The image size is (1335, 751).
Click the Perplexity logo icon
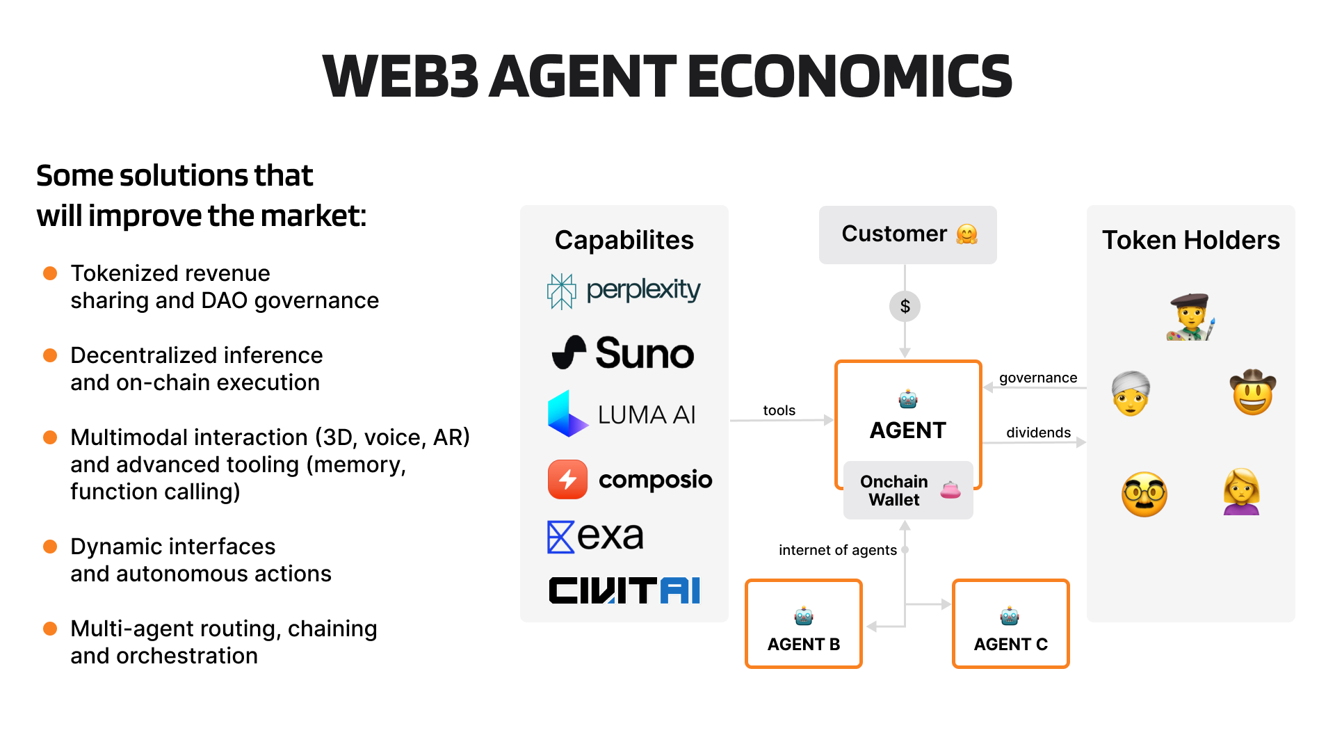[x=561, y=291]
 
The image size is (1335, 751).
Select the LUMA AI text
[x=647, y=415]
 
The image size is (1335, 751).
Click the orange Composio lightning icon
[x=567, y=479]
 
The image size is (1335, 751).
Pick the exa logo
[x=596, y=536]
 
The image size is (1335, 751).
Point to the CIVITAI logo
[x=624, y=590]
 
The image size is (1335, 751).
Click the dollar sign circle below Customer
[x=905, y=306]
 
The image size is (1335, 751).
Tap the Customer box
[x=907, y=234]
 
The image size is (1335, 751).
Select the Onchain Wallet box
[x=907, y=490]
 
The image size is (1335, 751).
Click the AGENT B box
[x=803, y=624]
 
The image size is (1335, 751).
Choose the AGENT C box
[x=1010, y=624]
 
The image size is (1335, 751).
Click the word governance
[x=1038, y=378]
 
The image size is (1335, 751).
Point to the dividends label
[x=1038, y=433]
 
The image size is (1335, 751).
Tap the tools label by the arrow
[x=779, y=410]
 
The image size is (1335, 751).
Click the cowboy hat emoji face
[x=1252, y=392]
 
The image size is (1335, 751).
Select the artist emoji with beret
[x=1190, y=317]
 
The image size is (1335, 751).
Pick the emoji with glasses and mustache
[x=1144, y=494]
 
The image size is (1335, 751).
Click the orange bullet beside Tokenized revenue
[x=50, y=273]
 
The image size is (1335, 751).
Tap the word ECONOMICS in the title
[x=849, y=76]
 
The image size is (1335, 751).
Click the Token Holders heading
[x=1190, y=240]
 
